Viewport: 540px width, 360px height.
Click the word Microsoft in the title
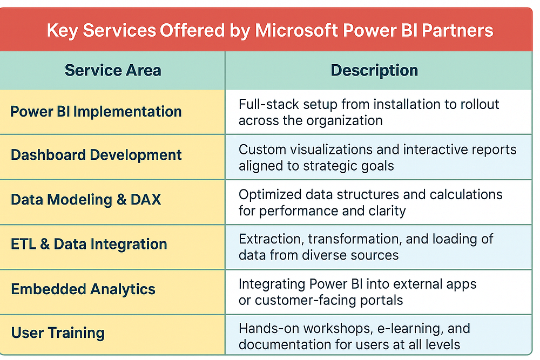pos(296,30)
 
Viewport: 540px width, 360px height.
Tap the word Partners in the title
pos(457,30)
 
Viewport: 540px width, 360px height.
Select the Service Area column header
pos(113,70)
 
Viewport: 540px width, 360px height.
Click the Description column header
pos(374,71)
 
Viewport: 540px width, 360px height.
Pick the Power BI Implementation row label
pos(96,112)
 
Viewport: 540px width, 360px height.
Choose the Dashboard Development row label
pos(96,155)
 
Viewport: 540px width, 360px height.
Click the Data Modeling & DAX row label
pos(86,200)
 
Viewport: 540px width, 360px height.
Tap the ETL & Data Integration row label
pos(89,244)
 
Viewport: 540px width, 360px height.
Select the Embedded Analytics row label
pos(83,289)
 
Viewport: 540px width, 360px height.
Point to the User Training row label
pos(58,333)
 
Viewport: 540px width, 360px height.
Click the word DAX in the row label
pos(146,200)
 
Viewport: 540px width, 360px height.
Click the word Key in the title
pos(62,31)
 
